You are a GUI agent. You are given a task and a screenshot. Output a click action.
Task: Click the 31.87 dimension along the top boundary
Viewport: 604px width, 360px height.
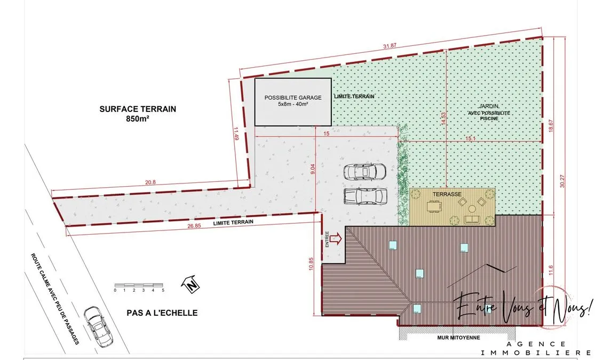[x=390, y=45]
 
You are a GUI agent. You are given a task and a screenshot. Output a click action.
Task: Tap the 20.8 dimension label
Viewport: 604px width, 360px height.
[x=150, y=182]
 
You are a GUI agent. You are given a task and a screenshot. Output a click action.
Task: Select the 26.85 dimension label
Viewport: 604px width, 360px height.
[x=194, y=226]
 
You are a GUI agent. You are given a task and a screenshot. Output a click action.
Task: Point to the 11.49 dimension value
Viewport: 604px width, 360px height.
[x=236, y=134]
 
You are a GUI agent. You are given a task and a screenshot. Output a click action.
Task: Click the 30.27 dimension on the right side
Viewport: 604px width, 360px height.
[x=562, y=181]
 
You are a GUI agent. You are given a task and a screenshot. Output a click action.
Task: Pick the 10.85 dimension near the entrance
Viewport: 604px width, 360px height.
[x=311, y=264]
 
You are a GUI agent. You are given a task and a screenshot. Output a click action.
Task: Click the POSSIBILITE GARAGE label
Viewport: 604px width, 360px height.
[x=293, y=98]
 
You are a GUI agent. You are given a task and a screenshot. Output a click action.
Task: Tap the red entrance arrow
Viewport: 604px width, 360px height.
[x=336, y=239]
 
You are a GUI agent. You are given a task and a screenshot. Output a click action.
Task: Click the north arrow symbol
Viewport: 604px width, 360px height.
[x=190, y=284]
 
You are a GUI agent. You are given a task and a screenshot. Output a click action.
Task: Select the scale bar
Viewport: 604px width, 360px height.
[x=139, y=286]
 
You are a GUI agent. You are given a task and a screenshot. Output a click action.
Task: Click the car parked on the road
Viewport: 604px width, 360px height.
[x=98, y=326]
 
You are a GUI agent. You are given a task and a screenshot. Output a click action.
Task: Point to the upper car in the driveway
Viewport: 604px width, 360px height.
[x=365, y=171]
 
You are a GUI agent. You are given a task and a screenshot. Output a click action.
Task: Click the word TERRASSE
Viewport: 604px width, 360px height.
[x=447, y=194]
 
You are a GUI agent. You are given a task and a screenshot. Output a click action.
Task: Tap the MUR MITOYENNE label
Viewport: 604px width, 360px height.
[x=458, y=338]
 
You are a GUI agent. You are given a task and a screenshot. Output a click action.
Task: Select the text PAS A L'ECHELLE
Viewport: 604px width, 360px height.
[x=162, y=313]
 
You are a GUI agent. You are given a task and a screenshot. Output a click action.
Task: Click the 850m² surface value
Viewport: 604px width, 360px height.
[x=138, y=118]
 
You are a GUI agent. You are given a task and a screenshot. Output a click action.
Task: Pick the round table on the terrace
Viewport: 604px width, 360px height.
[x=472, y=209]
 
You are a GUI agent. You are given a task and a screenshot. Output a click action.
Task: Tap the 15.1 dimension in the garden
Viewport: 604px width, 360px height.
[x=470, y=138]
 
